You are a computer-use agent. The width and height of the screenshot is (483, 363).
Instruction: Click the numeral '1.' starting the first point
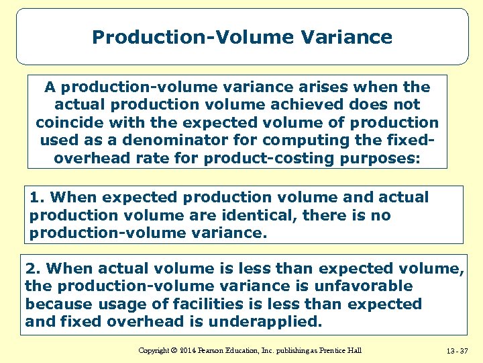click(38, 198)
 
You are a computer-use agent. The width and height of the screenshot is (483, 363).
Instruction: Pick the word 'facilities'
click(190, 304)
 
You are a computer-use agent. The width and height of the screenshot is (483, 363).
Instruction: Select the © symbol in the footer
click(172, 350)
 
